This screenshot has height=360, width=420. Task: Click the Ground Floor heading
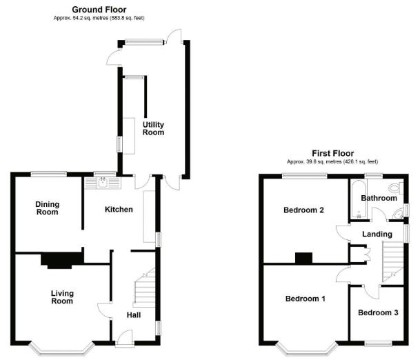pyautogui.click(x=99, y=10)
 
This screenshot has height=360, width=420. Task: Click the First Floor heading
pyautogui.click(x=332, y=153)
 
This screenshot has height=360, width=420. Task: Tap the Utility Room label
pyautogui.click(x=153, y=128)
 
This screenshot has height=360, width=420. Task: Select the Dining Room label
pyautogui.click(x=47, y=208)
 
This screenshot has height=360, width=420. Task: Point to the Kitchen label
pyautogui.click(x=119, y=209)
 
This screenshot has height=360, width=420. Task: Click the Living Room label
pyautogui.click(x=62, y=297)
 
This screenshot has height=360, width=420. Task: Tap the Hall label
pyautogui.click(x=134, y=315)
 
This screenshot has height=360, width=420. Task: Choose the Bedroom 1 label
pyautogui.click(x=306, y=299)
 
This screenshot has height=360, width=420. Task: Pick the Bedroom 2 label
pyautogui.click(x=303, y=210)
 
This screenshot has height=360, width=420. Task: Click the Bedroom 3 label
pyautogui.click(x=378, y=312)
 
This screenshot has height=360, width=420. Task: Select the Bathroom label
pyautogui.click(x=379, y=198)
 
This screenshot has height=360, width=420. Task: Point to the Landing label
pyautogui.click(x=377, y=234)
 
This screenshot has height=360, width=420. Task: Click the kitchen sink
pyautogui.click(x=103, y=183)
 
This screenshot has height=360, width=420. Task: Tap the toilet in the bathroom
pyautogui.click(x=396, y=187)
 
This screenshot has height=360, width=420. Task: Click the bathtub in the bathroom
pyautogui.click(x=358, y=199)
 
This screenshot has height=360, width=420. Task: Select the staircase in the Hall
pyautogui.click(x=144, y=287)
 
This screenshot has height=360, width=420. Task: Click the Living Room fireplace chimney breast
pyautogui.click(x=62, y=260)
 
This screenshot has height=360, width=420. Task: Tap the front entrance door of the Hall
pyautogui.click(x=124, y=338)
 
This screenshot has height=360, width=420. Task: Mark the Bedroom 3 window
pyautogui.click(x=378, y=343)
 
